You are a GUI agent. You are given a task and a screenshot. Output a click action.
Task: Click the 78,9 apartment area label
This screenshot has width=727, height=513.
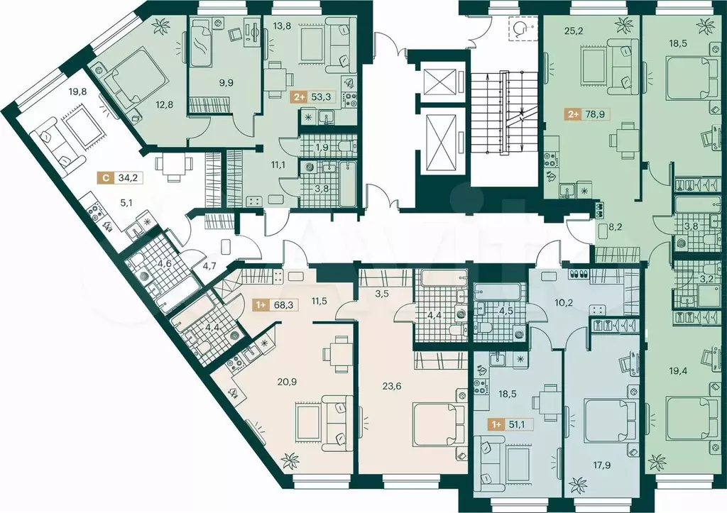595,114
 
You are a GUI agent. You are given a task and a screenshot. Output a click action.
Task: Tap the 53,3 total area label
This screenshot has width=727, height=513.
320,97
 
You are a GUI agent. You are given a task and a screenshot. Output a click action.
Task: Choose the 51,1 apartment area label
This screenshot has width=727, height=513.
518,424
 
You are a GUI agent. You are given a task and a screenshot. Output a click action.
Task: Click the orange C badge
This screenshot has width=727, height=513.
106,177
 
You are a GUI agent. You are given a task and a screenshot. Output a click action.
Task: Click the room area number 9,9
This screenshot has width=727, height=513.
226,83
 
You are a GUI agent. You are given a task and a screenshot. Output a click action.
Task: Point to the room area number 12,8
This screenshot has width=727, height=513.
164,105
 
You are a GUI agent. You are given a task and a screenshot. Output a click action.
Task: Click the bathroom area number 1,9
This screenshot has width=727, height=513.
322,148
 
